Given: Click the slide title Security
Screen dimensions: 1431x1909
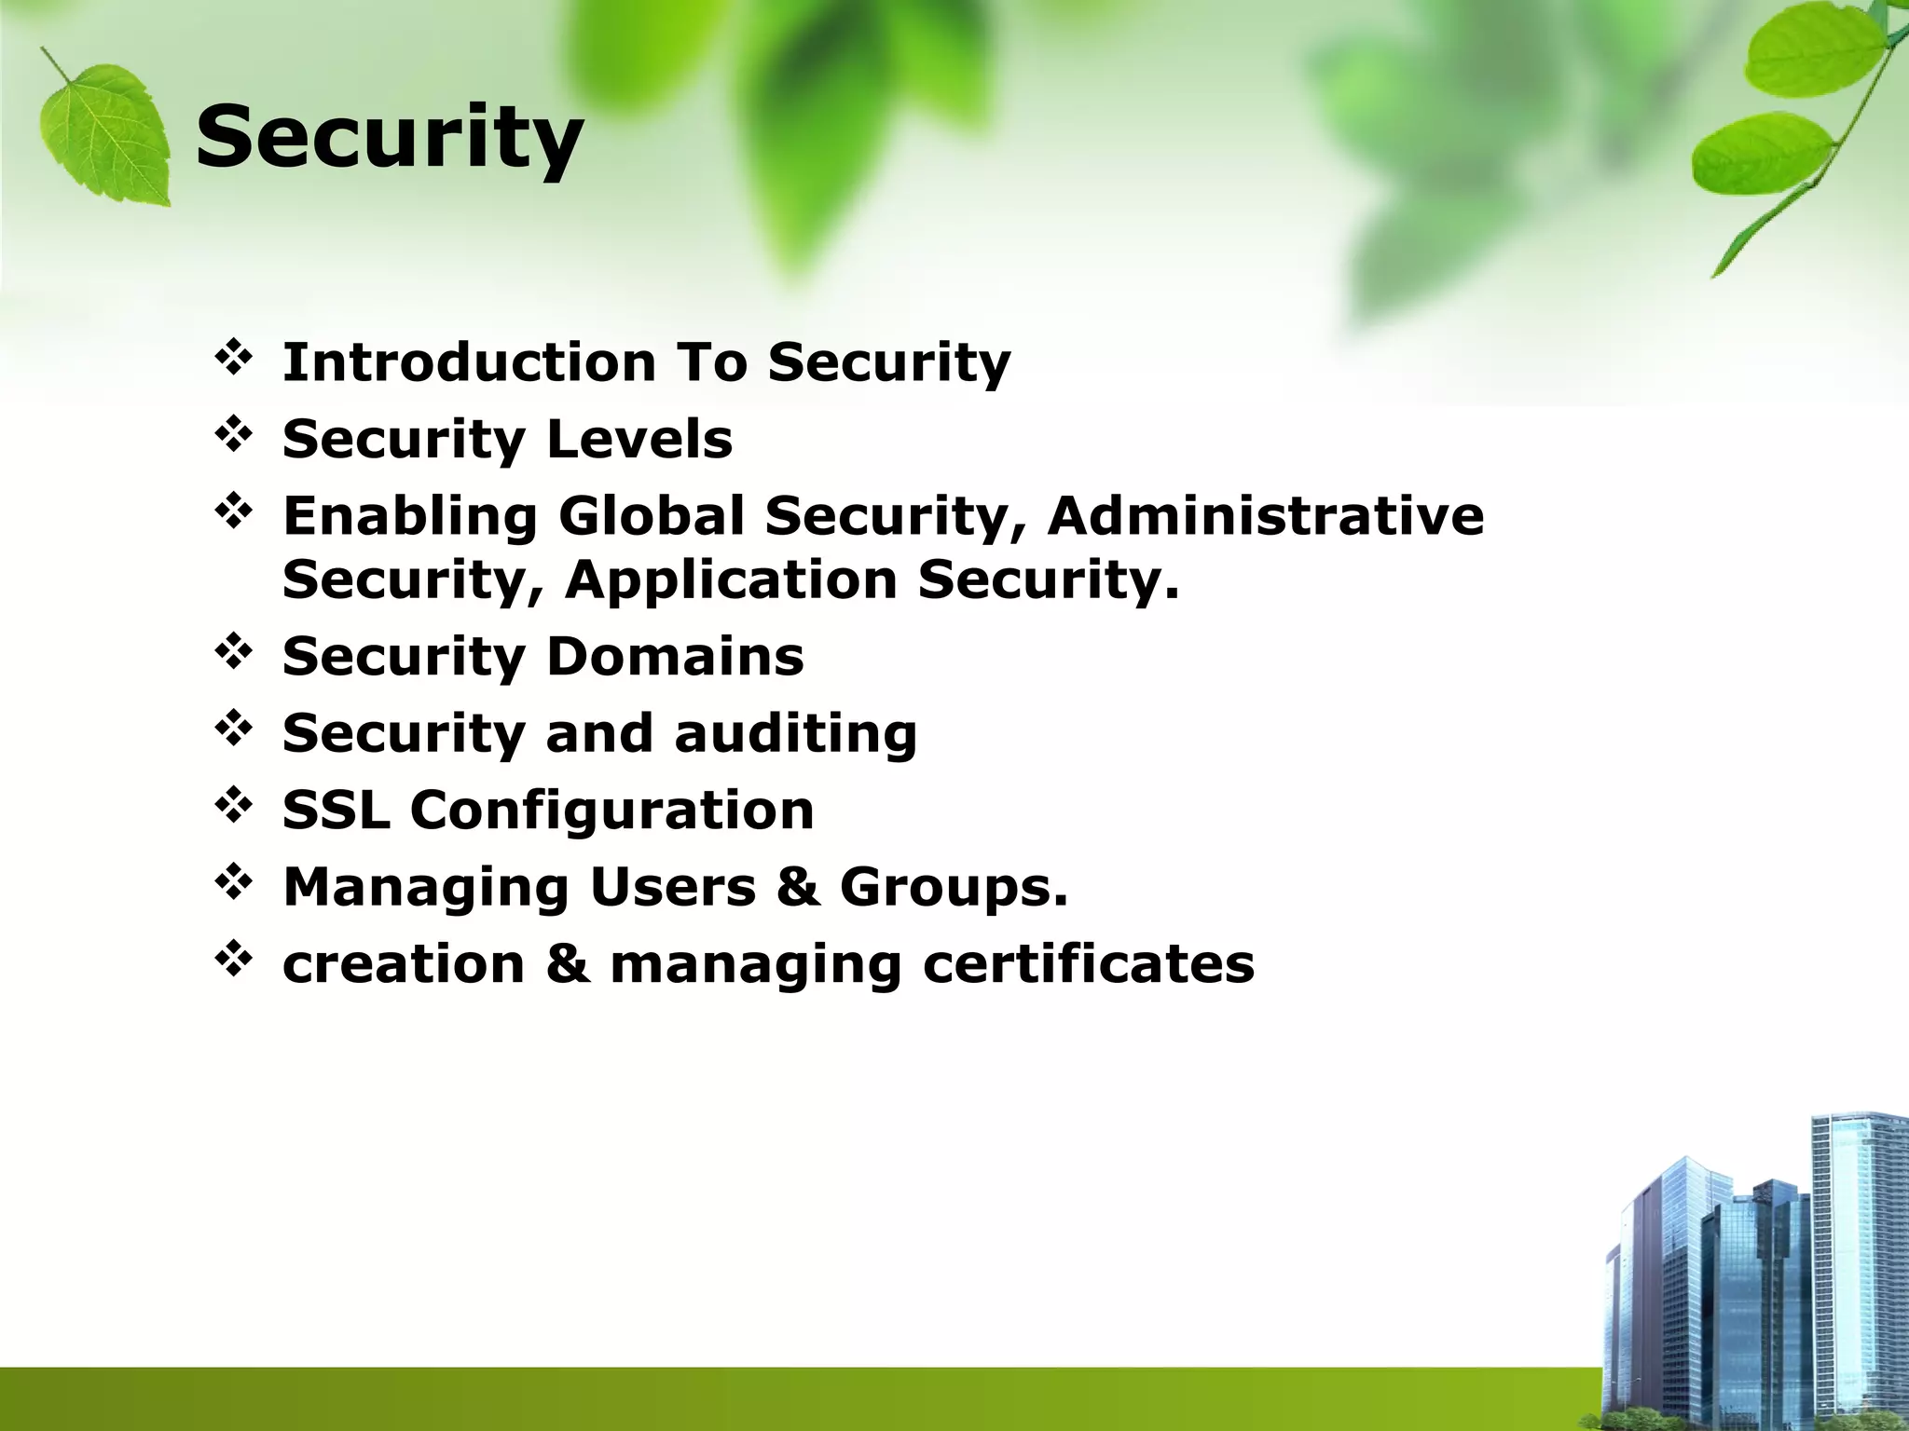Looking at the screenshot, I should click(389, 138).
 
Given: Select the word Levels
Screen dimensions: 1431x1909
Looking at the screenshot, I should click(639, 439).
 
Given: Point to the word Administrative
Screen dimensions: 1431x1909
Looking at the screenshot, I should click(1265, 516).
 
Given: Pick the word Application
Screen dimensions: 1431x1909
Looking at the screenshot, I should click(732, 579).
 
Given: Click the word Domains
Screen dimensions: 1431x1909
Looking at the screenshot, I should click(675, 656).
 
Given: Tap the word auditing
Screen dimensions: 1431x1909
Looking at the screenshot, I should click(795, 733).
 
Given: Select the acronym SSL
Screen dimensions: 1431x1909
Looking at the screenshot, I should click(336, 810).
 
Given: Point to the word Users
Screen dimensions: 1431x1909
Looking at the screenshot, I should click(673, 887).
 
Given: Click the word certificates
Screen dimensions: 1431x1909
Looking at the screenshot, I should click(1089, 963).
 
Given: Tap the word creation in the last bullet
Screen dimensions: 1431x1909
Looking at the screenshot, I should click(404, 963).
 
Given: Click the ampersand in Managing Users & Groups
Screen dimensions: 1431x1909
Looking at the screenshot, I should click(798, 887).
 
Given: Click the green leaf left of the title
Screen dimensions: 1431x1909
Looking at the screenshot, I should click(105, 130).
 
